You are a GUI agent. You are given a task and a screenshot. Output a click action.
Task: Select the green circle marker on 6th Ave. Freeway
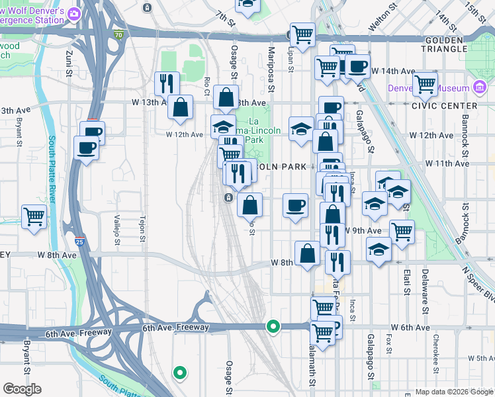(273, 326)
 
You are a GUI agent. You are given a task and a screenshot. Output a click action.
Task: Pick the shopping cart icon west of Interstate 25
(34, 216)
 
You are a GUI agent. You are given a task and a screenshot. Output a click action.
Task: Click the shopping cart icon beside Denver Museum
(425, 84)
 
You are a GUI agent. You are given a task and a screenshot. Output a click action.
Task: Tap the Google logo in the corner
(22, 389)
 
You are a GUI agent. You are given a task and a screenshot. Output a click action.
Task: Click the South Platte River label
(50, 170)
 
